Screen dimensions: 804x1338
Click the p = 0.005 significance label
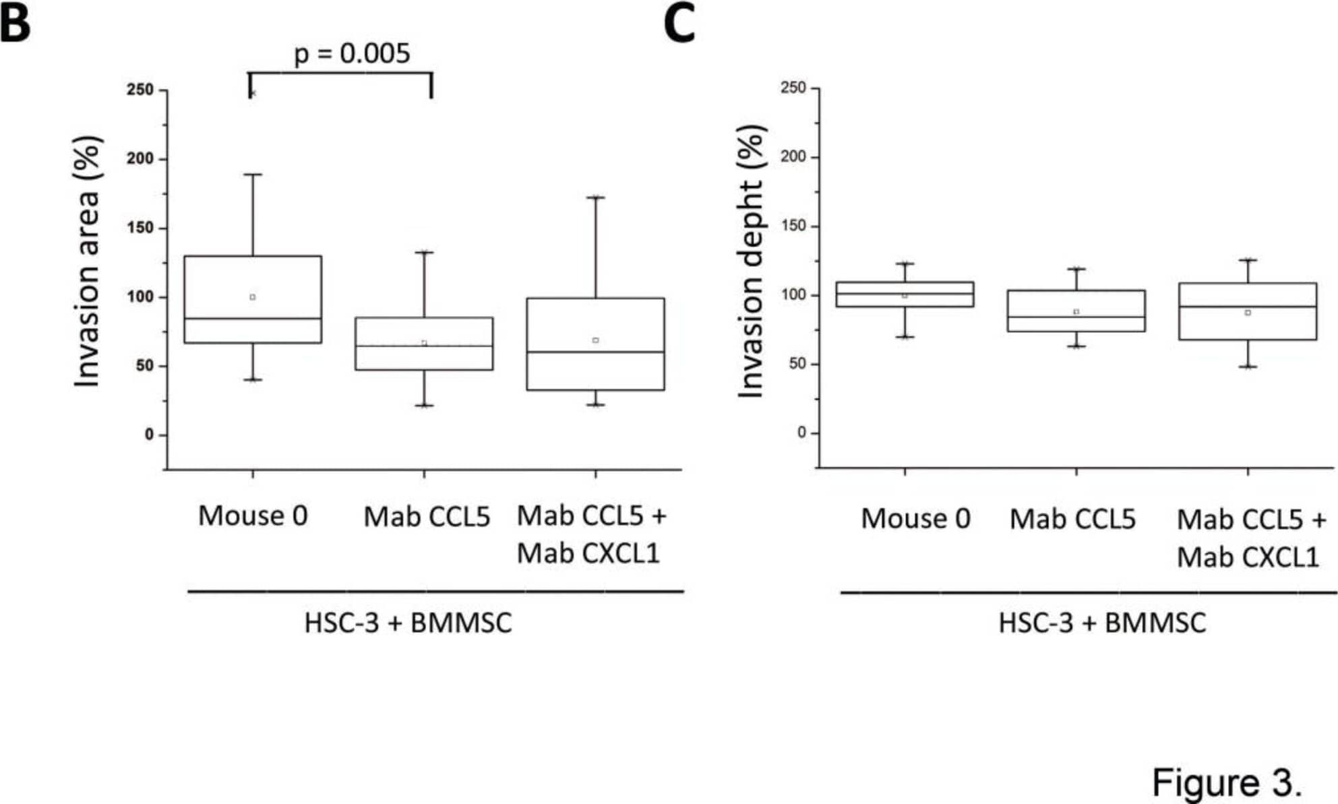click(352, 54)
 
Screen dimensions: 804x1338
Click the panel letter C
click(679, 25)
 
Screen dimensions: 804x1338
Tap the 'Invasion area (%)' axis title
click(88, 261)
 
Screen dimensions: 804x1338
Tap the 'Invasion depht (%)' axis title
click(752, 261)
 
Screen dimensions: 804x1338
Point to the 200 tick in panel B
click(140, 159)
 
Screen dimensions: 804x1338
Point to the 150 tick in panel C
click(793, 226)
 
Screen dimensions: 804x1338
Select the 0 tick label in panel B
click(149, 435)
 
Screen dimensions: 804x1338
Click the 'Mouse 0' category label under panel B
click(253, 516)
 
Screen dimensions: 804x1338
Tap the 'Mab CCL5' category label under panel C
click(1072, 519)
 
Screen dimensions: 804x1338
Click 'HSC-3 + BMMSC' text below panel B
click(408, 623)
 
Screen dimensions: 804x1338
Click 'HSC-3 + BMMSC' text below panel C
click(1101, 623)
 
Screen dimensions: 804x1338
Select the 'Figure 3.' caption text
click(1226, 783)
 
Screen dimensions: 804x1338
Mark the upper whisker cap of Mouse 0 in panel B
click(253, 175)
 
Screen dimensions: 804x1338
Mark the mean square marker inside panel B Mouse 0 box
click(253, 297)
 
